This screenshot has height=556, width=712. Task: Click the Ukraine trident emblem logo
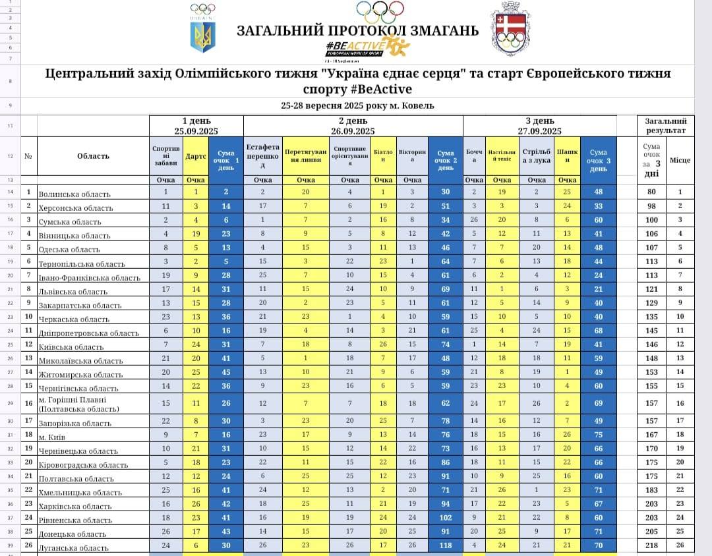click(203, 37)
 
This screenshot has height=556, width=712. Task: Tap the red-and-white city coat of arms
click(511, 32)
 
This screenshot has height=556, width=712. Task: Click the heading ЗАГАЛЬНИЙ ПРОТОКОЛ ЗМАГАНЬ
click(357, 30)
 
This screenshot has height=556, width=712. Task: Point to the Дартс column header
click(196, 156)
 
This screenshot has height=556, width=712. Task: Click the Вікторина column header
click(412, 156)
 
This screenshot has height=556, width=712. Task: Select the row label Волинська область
click(74, 194)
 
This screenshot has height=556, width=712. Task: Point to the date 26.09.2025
click(353, 131)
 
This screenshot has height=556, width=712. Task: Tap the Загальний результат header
click(665, 126)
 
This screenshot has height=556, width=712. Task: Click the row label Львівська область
click(73, 291)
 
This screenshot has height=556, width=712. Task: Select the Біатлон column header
click(383, 156)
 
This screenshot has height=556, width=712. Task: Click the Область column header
click(93, 156)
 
